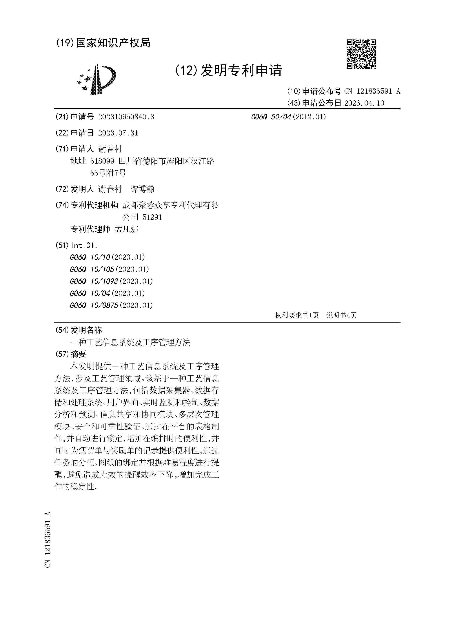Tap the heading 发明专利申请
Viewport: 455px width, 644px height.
click(x=241, y=70)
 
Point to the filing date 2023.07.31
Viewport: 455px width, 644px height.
click(x=118, y=133)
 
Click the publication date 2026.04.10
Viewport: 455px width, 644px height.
click(x=364, y=103)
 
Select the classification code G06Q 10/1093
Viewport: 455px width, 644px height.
click(x=94, y=281)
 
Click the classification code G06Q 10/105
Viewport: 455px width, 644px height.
click(x=92, y=269)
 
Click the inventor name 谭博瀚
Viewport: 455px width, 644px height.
click(x=142, y=189)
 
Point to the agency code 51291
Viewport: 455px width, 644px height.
click(x=152, y=217)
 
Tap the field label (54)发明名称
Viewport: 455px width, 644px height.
click(x=79, y=330)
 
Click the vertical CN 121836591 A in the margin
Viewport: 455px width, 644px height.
click(x=48, y=540)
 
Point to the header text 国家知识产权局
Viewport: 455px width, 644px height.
click(x=113, y=43)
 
